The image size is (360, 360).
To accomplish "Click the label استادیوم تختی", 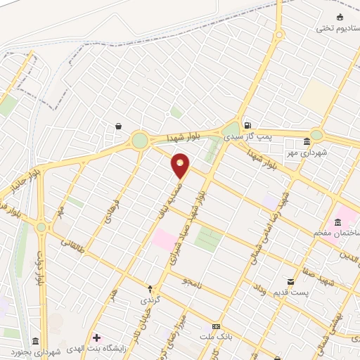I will point(332,28).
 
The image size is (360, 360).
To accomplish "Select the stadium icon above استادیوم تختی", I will point(340,17).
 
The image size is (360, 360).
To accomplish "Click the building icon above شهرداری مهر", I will point(306,141).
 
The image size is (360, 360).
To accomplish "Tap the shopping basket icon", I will point(117,126).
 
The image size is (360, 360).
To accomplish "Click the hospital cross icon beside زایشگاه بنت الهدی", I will point(96,338).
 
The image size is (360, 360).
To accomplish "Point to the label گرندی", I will point(149,300).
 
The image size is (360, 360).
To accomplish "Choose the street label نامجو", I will point(190,281).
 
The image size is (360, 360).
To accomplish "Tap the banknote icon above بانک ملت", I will point(216,327).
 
